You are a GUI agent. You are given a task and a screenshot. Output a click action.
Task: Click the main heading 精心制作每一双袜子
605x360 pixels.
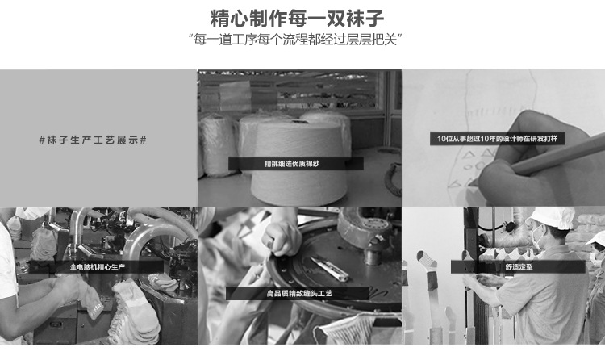[x=297, y=18]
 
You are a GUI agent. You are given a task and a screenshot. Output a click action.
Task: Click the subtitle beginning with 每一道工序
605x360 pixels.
[x=295, y=40]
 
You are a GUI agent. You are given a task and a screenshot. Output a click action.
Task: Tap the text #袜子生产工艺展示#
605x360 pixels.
[x=93, y=140]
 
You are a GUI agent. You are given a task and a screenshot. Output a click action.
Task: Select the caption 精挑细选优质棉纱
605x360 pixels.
[x=292, y=164]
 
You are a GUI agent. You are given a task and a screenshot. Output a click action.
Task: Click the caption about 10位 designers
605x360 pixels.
[x=498, y=139]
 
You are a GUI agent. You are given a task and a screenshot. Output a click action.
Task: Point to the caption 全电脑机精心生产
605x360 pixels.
[x=98, y=267]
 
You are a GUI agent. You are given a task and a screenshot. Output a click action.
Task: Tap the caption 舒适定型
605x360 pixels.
[x=519, y=266]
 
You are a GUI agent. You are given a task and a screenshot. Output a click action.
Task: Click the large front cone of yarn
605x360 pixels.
[x=298, y=162]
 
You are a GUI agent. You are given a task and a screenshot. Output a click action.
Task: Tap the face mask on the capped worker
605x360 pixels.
[x=536, y=237]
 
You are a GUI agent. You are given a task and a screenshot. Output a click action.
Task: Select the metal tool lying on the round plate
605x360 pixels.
[x=330, y=269]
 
